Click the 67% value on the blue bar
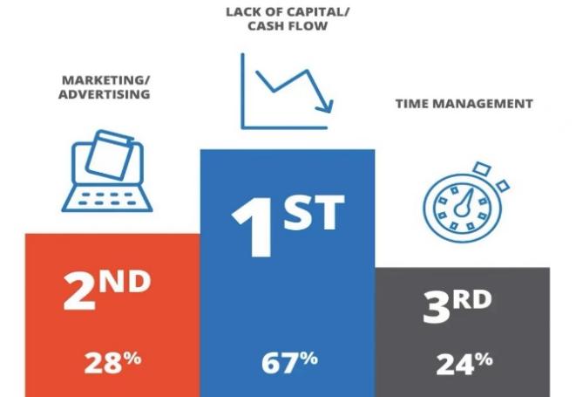[289, 363]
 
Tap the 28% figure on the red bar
[112, 363]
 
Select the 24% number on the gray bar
[464, 364]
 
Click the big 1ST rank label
[288, 225]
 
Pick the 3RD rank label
[457, 306]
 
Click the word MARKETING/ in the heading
[106, 80]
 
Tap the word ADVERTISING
[105, 94]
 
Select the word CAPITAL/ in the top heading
[318, 11]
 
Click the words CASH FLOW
[288, 26]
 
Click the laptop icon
[107, 171]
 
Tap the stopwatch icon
[466, 202]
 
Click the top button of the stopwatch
[482, 168]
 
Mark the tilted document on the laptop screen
[110, 154]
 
